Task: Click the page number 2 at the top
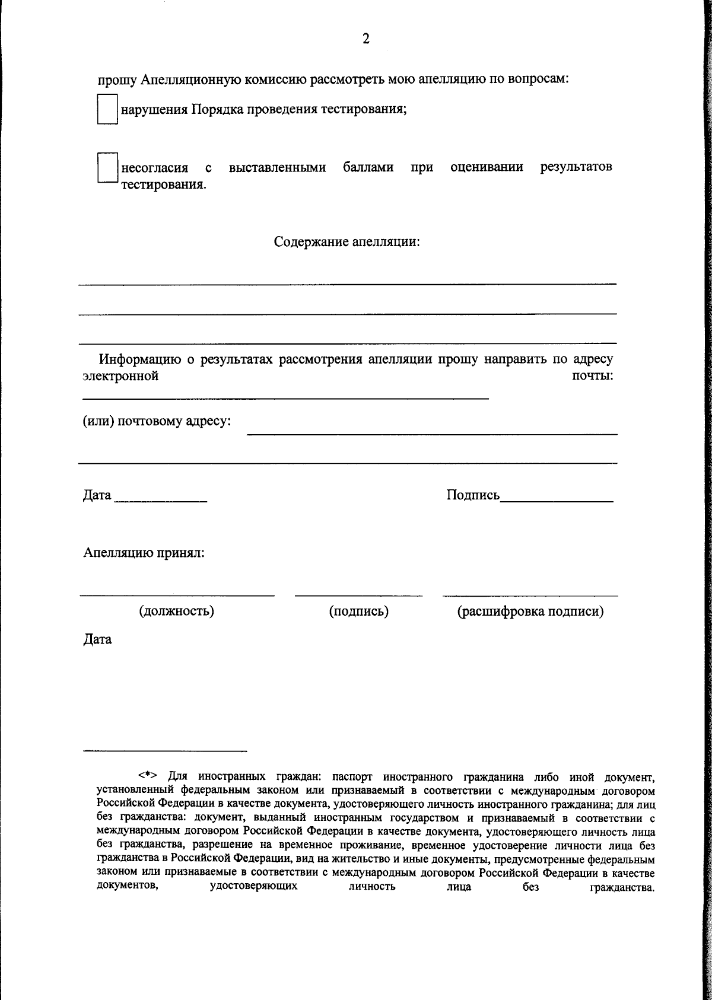point(365,39)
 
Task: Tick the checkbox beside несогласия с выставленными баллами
point(107,168)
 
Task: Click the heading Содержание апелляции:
point(347,242)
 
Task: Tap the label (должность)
point(176,611)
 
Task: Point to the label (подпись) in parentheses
point(358,611)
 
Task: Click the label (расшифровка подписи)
point(530,611)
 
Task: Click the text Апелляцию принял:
point(144,553)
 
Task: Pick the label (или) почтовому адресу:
point(157,422)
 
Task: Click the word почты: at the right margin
point(592,376)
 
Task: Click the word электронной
point(120,376)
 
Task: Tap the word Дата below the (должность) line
point(97,640)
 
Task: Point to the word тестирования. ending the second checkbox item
point(164,184)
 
